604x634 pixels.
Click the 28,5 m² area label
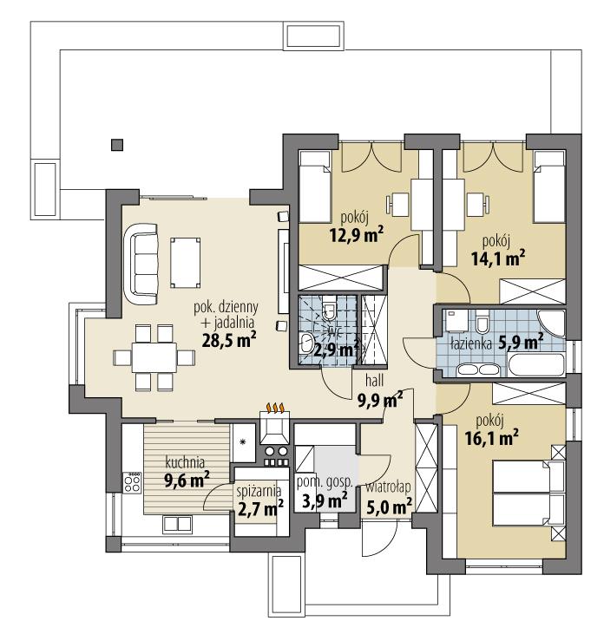click(227, 340)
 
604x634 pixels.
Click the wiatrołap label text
click(387, 487)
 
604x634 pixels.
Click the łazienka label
click(471, 343)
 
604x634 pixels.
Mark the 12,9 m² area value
click(357, 232)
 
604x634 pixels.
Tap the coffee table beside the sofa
click(183, 261)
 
